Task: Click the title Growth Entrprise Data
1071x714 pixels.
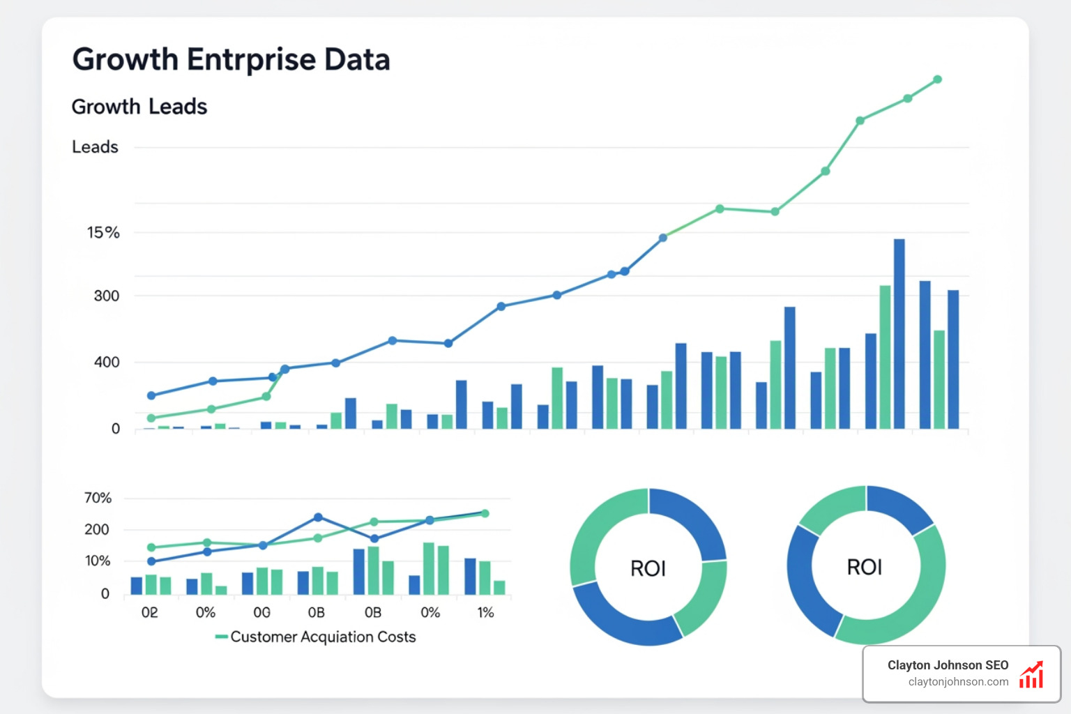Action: click(x=231, y=60)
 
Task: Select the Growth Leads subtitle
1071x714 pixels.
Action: click(x=139, y=107)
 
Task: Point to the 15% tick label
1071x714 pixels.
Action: click(x=103, y=233)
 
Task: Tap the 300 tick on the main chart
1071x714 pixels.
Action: click(x=107, y=296)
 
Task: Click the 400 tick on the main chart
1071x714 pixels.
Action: click(x=107, y=363)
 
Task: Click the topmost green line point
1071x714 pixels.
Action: click(x=937, y=79)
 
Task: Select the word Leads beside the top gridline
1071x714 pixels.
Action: click(x=95, y=147)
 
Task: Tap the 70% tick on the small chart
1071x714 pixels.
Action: click(x=98, y=498)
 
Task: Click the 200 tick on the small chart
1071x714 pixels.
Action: click(x=97, y=529)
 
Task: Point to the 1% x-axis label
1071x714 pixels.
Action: click(x=485, y=613)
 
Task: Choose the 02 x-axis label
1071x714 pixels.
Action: click(x=149, y=613)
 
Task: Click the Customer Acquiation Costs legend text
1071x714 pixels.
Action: click(x=323, y=637)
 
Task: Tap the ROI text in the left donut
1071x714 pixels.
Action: click(x=648, y=569)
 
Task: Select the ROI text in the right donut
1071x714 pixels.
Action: click(x=865, y=568)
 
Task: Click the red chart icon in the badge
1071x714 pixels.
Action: click(x=1031, y=675)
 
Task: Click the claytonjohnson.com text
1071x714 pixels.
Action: click(x=958, y=682)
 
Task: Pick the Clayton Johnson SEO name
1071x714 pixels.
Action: click(x=948, y=665)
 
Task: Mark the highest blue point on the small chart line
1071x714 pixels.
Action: click(x=318, y=517)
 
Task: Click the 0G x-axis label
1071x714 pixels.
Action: click(x=261, y=613)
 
